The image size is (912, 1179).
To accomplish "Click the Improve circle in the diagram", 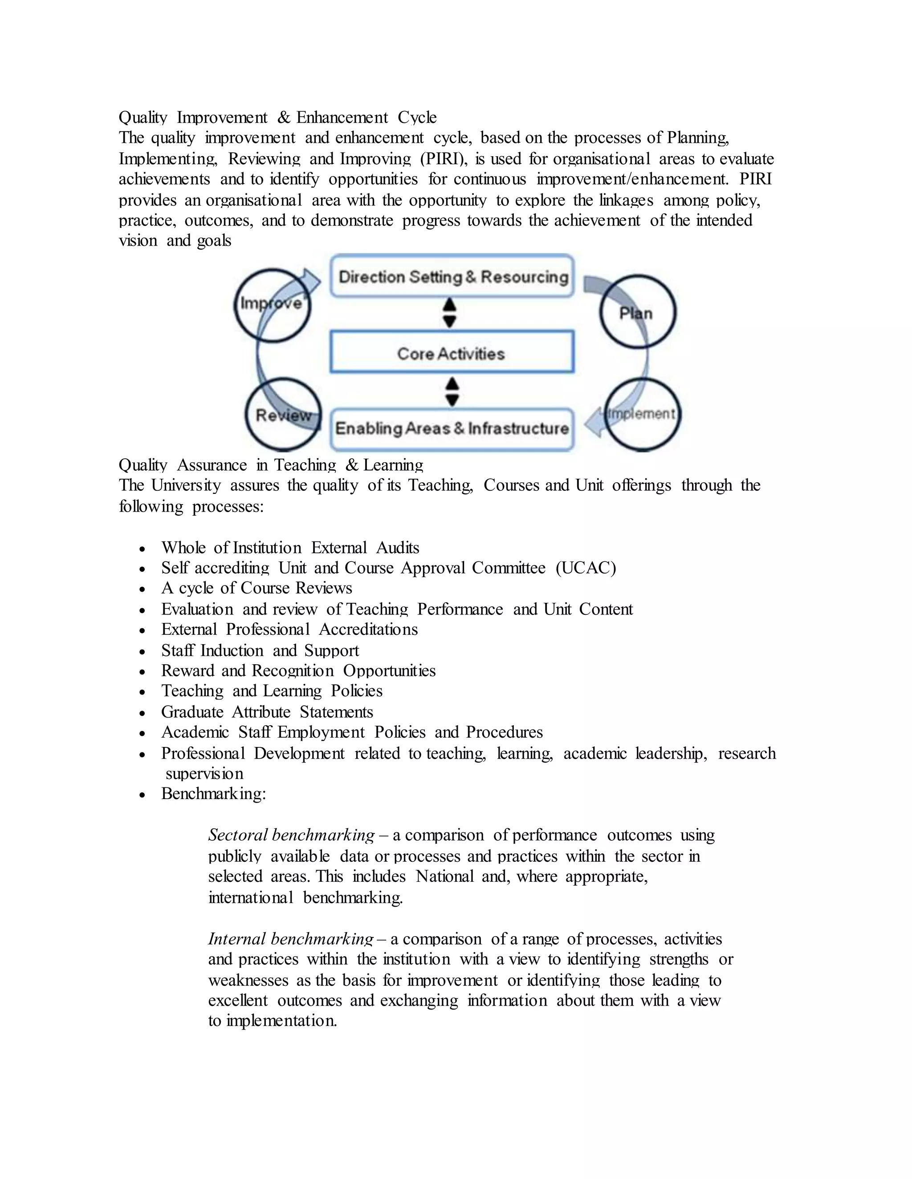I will pyautogui.click(x=272, y=306).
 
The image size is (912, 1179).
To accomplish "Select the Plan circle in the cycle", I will pyautogui.click(x=638, y=312).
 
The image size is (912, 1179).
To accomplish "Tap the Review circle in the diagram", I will pyautogui.click(x=283, y=415).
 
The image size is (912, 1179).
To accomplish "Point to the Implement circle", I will pyautogui.click(x=642, y=415).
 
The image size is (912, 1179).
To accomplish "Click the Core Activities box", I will pyautogui.click(x=452, y=352).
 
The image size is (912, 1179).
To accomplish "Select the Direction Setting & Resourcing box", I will pyautogui.click(x=452, y=276).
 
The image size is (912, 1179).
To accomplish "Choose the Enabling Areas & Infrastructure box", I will pyautogui.click(x=452, y=428).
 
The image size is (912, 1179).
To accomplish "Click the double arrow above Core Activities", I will pyautogui.click(x=449, y=314).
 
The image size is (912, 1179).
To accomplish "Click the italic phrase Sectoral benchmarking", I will pyautogui.click(x=291, y=835).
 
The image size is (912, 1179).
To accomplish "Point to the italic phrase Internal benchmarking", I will pyautogui.click(x=291, y=939).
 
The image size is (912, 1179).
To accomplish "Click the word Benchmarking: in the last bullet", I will pyautogui.click(x=213, y=794).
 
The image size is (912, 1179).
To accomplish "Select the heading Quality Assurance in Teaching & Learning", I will pyautogui.click(x=271, y=465).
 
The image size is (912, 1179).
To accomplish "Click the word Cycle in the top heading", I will pyautogui.click(x=417, y=117).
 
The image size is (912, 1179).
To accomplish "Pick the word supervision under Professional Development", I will pyautogui.click(x=204, y=774).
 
